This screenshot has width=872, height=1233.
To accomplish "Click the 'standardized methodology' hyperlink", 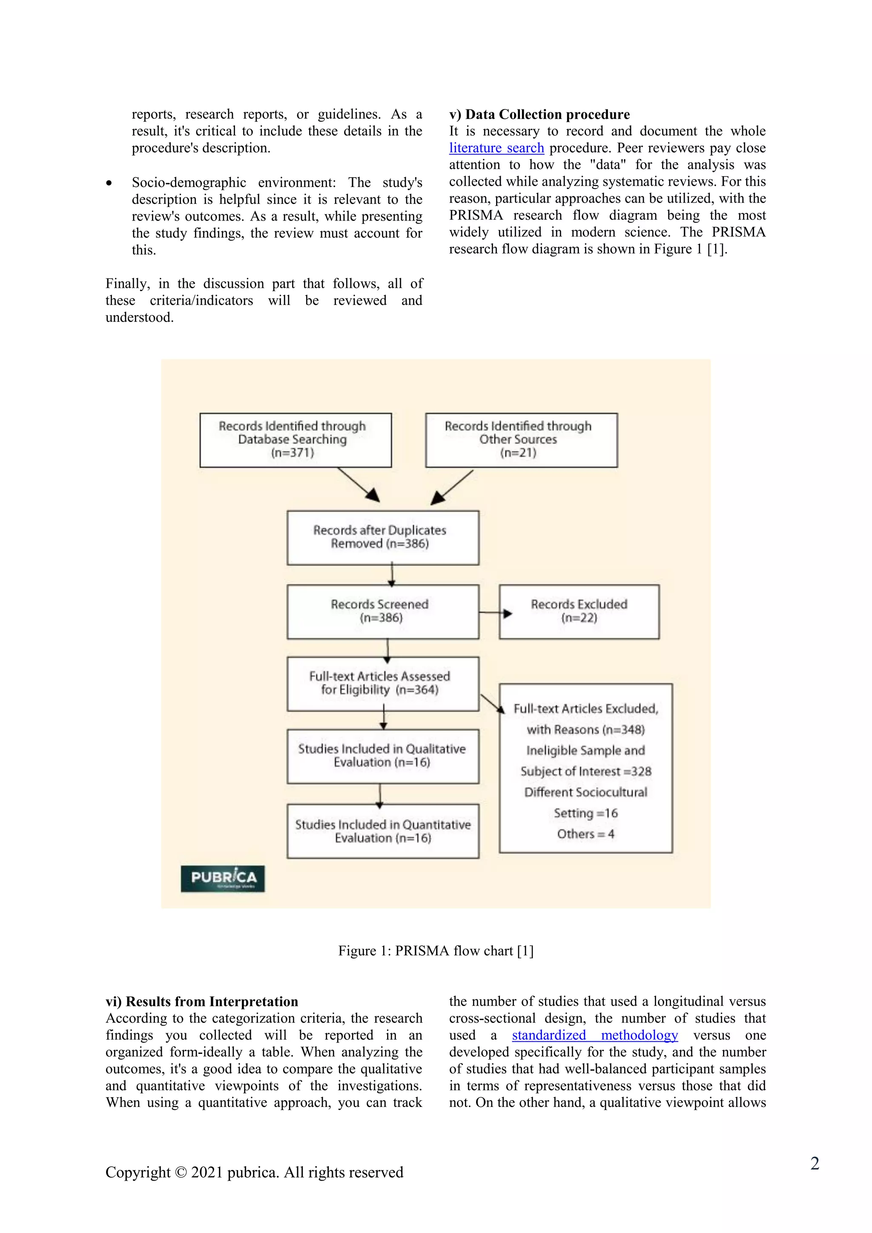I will tap(594, 1035).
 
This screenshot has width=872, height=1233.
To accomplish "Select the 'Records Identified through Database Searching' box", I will tap(295, 440).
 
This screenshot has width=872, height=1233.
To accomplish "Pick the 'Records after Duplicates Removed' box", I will tap(382, 538).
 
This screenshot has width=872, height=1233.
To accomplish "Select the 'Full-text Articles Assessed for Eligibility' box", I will tap(382, 684).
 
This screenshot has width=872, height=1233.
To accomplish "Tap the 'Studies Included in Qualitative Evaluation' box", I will tap(382, 756).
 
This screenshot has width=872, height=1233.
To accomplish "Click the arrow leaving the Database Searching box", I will tap(358, 485).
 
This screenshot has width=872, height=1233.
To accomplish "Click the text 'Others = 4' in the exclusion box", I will tap(585, 834).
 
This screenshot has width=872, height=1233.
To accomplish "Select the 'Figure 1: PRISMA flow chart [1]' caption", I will tap(436, 951).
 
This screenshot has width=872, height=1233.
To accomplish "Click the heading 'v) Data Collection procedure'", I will tap(539, 115).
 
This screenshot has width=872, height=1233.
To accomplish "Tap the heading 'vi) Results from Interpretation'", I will tap(201, 1001).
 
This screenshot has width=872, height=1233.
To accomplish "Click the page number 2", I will tap(814, 1163).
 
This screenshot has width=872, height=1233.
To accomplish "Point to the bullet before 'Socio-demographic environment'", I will tap(109, 183).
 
